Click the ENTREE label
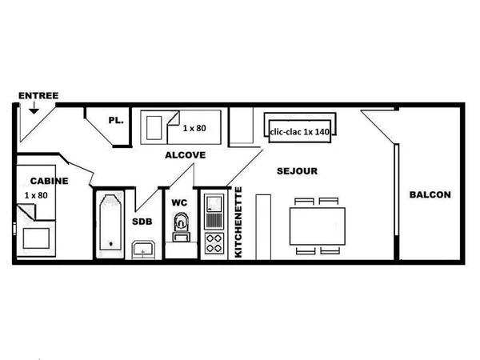coord(38,95)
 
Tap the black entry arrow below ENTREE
coord(34,108)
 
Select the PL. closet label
coord(116,120)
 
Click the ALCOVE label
coord(186,155)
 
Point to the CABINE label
coord(50,181)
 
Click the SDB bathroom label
coord(142,222)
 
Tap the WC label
coord(179,202)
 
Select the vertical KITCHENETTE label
coord(238,222)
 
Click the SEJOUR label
coord(297,171)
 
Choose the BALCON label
coord(430,194)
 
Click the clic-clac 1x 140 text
coord(300,132)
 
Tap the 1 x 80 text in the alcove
coord(194,128)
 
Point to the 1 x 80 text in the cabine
coord(36,195)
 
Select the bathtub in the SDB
coord(110,223)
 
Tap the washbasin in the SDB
coord(143,250)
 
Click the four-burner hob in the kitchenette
coord(214,243)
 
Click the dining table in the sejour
coord(318,226)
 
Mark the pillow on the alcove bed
coord(154,128)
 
